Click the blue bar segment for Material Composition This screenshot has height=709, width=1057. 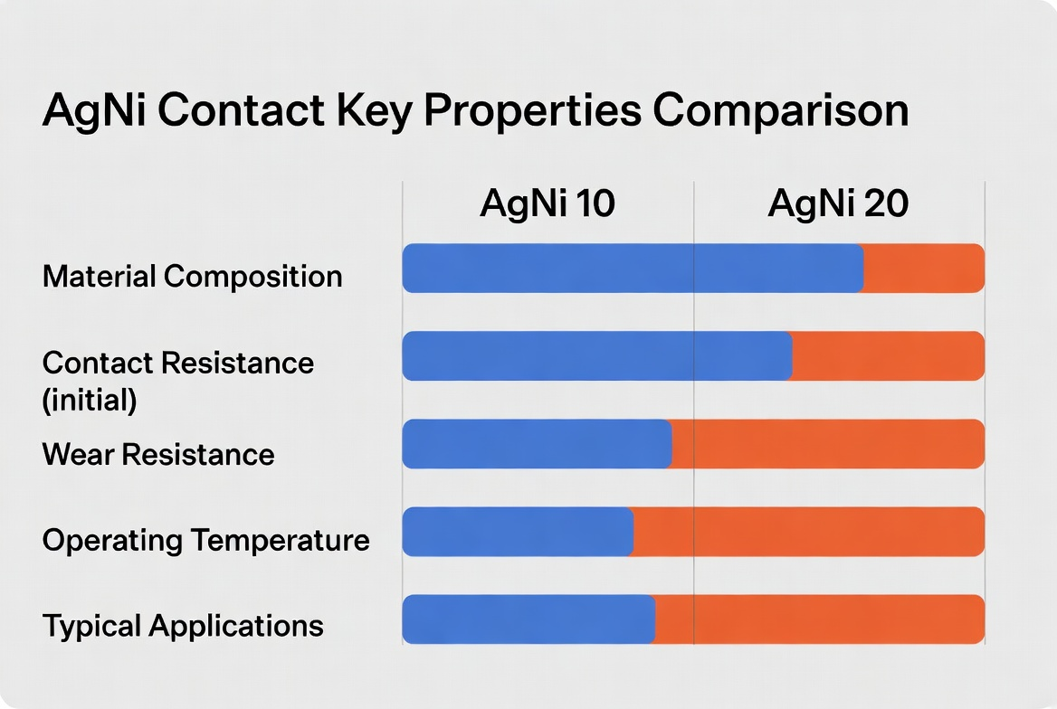click(x=632, y=269)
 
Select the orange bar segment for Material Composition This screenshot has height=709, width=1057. click(x=923, y=269)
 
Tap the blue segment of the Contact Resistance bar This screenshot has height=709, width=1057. click(x=596, y=355)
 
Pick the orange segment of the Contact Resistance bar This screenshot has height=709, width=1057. click(x=888, y=355)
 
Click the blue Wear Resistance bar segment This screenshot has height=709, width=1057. click(x=537, y=444)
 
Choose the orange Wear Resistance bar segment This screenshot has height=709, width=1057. click(x=827, y=444)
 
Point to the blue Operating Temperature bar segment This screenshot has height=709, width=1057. click(x=517, y=532)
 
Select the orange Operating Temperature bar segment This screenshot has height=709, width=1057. click(x=808, y=532)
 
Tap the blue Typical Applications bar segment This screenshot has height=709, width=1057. click(x=528, y=619)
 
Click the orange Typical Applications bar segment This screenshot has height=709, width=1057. click(x=819, y=619)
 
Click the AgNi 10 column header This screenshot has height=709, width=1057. click(x=548, y=204)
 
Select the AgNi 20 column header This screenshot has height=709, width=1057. click(x=838, y=204)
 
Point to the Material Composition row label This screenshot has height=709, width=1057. click(x=192, y=276)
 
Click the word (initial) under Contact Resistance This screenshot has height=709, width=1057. click(x=90, y=400)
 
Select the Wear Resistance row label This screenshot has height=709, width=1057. click(x=158, y=453)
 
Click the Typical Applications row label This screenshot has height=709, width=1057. click(x=183, y=626)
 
